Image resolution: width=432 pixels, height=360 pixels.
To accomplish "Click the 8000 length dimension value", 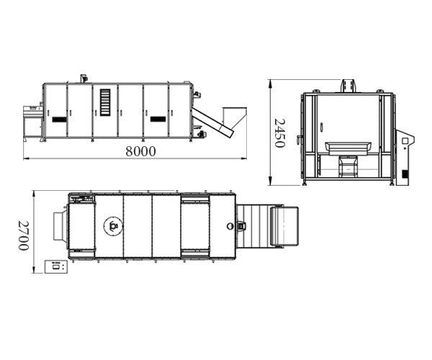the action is [x=140, y=151].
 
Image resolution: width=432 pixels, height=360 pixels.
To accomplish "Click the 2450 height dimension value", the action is [x=279, y=133].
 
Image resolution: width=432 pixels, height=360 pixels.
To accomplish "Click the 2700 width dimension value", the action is [x=24, y=235].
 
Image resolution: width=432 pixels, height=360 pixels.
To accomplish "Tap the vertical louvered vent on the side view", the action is [x=105, y=102].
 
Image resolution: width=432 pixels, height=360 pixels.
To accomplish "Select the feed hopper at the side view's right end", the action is [x=234, y=118].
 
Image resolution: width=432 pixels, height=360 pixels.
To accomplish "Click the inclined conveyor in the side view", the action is [x=212, y=122].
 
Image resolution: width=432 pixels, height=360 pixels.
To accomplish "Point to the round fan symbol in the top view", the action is [x=113, y=226].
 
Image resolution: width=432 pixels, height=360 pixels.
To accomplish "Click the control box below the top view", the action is [x=56, y=266].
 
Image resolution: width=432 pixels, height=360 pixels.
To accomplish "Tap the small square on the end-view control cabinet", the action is [x=405, y=141].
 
